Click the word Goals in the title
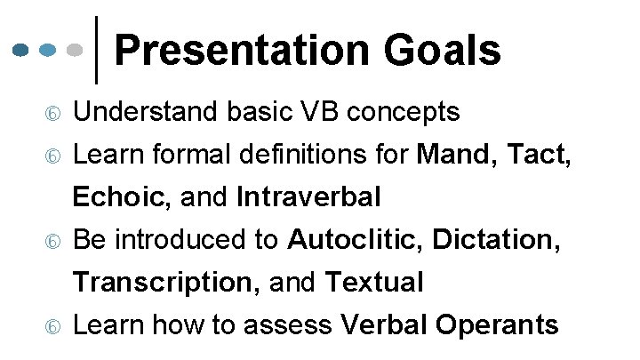point(452,51)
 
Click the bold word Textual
point(374,283)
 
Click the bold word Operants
point(499,325)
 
